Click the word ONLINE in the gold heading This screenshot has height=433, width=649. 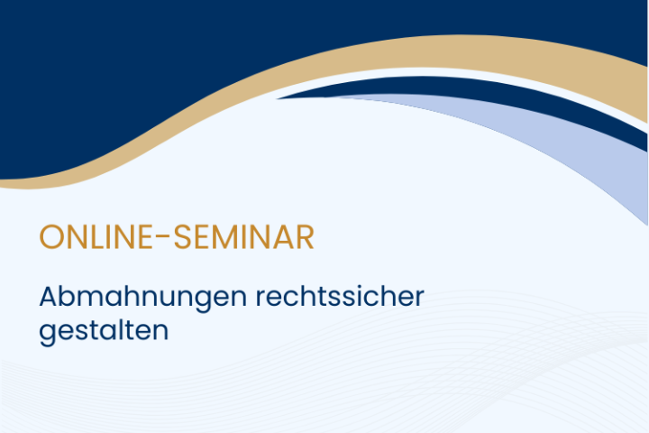point(98,237)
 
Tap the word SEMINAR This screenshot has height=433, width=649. point(243,237)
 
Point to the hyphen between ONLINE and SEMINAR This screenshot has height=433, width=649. point(165,236)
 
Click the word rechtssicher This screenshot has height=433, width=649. point(340,296)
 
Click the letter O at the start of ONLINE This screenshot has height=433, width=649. point(50,237)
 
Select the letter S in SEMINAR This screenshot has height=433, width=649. point(182,237)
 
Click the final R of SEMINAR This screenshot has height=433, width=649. point(306,237)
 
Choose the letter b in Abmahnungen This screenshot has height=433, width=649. point(72,296)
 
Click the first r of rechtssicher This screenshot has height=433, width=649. point(261,299)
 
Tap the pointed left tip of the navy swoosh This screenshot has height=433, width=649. point(278,98)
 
